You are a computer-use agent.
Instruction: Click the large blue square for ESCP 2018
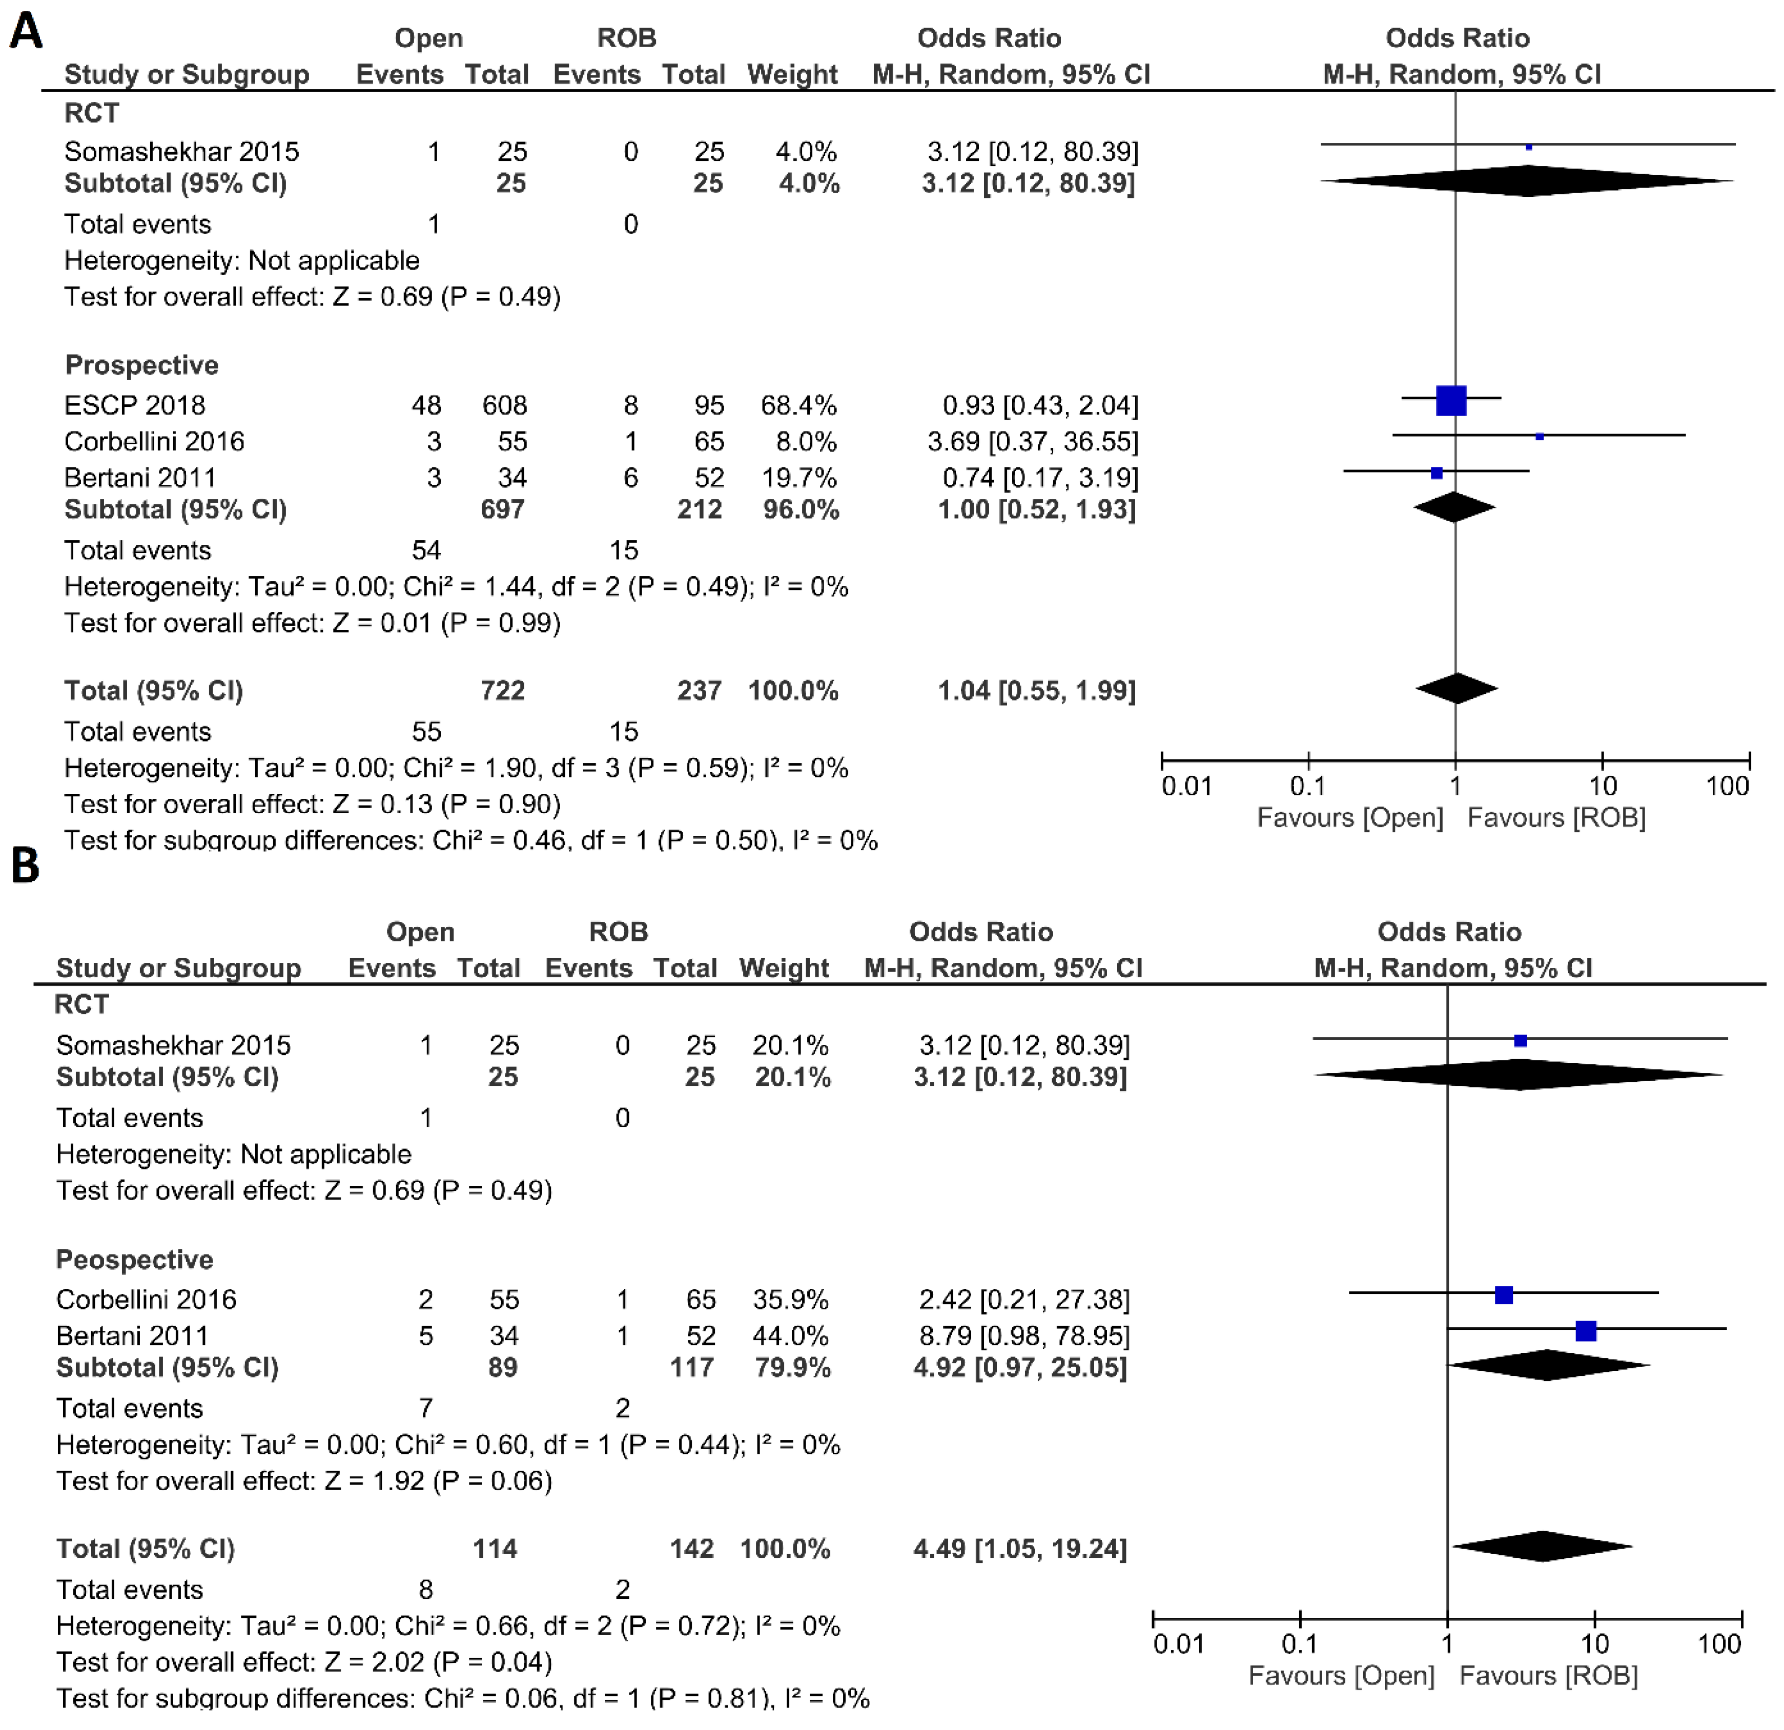[1451, 400]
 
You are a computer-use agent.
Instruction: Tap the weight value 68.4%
[798, 405]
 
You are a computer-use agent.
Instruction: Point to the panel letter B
[26, 866]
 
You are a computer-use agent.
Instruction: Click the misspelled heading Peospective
[135, 1260]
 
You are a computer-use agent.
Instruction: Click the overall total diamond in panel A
[1457, 689]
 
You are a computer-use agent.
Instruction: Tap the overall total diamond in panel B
[1542, 1546]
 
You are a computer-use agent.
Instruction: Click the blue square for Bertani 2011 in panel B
[1586, 1331]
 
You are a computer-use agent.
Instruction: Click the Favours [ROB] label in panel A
[1556, 817]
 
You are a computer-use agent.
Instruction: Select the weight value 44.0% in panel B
[790, 1336]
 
